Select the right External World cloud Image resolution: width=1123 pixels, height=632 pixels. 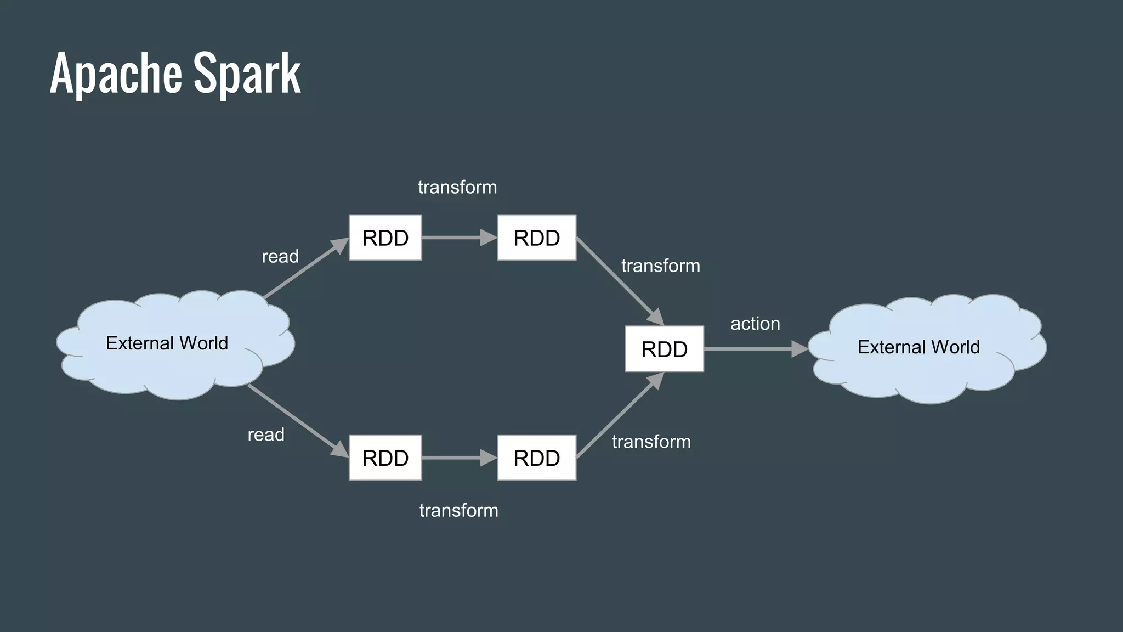click(x=918, y=347)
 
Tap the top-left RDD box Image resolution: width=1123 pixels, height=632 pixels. click(x=385, y=238)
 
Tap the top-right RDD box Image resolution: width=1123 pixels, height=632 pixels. click(x=537, y=238)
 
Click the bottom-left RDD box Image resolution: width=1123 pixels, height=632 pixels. click(x=385, y=458)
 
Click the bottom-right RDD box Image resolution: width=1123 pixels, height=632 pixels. click(x=537, y=458)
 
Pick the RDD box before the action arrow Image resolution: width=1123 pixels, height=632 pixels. click(x=664, y=349)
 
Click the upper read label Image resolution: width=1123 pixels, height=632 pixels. click(x=280, y=256)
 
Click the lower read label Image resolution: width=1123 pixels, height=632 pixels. click(x=266, y=435)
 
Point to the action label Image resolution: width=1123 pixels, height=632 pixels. click(x=755, y=324)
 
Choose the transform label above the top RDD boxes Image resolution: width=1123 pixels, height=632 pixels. click(x=457, y=187)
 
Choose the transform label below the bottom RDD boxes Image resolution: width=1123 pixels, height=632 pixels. click(x=458, y=510)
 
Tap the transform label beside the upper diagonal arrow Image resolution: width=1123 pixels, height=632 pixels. click(x=660, y=266)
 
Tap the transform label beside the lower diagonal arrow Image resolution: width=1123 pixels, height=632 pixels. click(x=651, y=442)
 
